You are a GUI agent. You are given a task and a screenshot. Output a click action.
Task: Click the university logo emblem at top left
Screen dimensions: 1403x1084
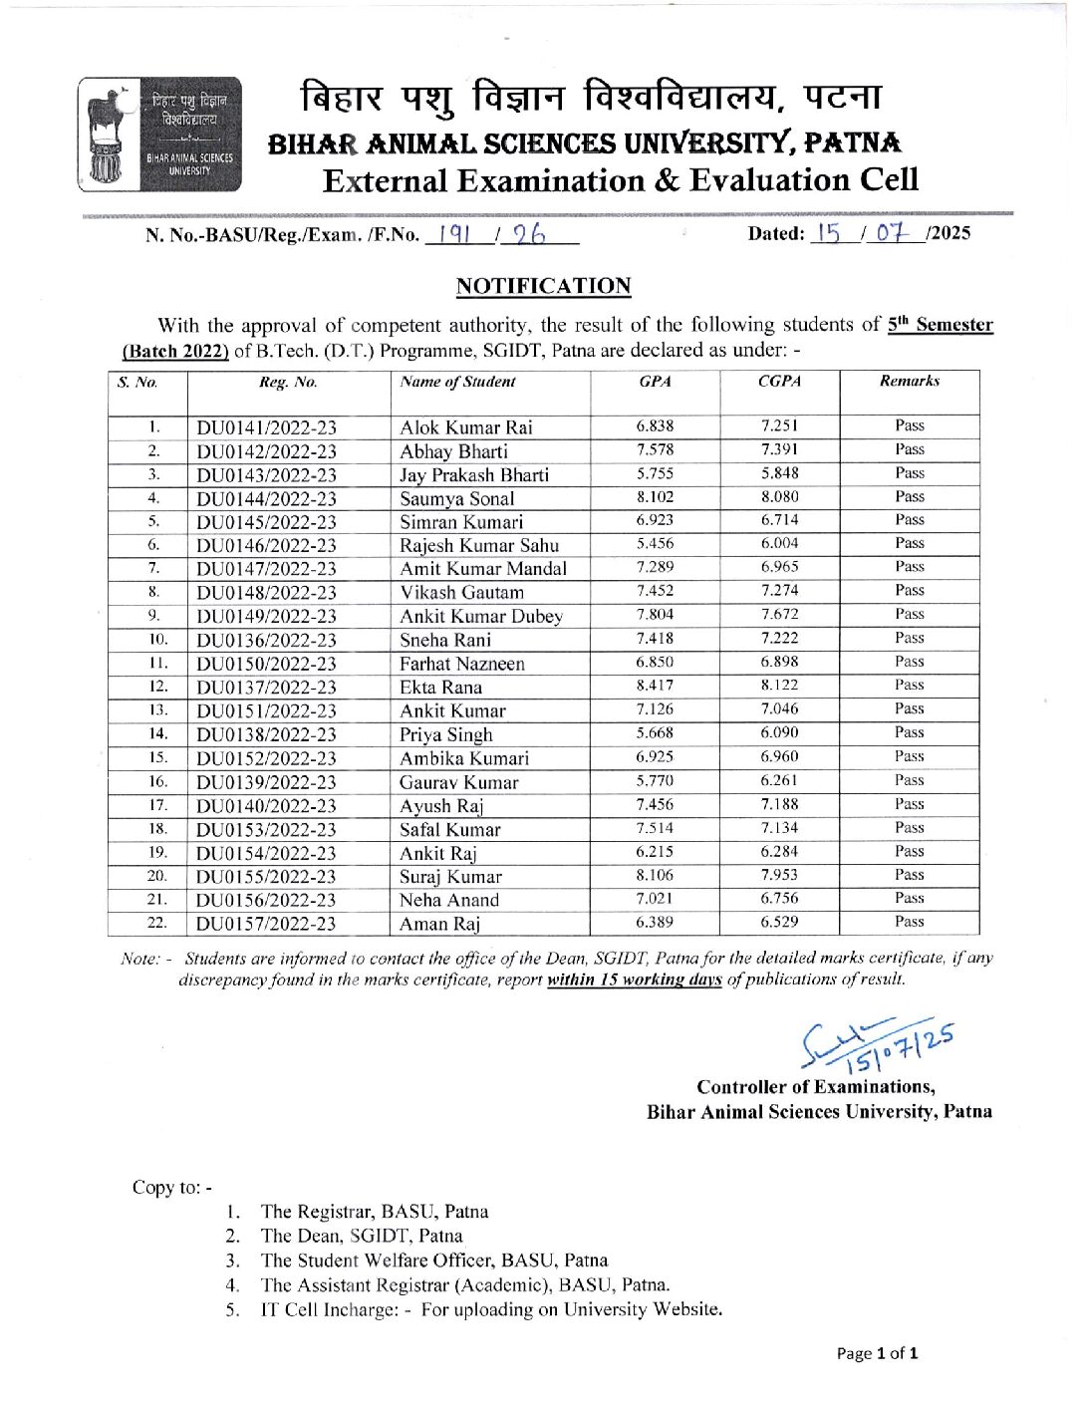click(x=159, y=135)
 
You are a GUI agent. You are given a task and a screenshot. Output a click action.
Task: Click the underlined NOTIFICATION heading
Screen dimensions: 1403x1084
click(x=543, y=286)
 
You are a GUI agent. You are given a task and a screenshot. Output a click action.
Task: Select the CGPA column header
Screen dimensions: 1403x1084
click(x=779, y=381)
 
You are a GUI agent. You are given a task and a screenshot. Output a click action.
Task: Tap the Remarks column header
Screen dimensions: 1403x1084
click(x=909, y=381)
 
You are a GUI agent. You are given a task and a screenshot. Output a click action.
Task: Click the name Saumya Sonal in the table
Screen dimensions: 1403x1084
click(x=457, y=498)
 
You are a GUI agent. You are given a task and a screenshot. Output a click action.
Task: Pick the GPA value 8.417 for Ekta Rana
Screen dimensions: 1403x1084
click(x=655, y=686)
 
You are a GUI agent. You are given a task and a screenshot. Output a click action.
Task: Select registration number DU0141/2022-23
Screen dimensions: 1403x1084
click(x=266, y=427)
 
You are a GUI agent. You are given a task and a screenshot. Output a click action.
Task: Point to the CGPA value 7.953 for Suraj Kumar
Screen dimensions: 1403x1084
click(x=779, y=875)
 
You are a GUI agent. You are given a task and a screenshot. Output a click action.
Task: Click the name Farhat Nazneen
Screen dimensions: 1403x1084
click(x=462, y=664)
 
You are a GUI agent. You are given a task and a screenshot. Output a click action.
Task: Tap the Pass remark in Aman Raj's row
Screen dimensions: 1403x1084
click(x=909, y=922)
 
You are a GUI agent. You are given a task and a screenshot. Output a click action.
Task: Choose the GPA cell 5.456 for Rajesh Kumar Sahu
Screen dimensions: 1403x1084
click(x=655, y=544)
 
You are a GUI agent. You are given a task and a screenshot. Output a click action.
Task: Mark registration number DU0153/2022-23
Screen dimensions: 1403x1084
click(x=266, y=829)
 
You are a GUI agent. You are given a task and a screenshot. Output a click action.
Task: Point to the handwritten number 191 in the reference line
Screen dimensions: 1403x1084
click(x=453, y=234)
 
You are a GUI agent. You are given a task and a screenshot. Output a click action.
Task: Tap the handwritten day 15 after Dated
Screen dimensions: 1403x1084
click(x=826, y=233)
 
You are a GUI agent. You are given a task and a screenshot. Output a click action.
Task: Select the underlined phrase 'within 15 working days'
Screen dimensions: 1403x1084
click(x=634, y=980)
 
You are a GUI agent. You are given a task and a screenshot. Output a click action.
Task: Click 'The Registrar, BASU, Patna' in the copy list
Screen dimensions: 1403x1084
click(x=374, y=1212)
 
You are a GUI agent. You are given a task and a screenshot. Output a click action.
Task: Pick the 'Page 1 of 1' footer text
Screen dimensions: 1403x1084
click(x=877, y=1353)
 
